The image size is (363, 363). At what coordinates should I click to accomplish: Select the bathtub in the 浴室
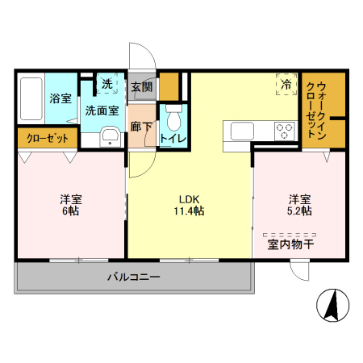pos(31,98)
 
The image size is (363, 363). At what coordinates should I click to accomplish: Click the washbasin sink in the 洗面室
pos(110,137)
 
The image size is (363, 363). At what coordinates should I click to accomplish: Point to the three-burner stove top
pos(285,131)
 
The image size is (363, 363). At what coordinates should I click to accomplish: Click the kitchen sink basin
pos(242,131)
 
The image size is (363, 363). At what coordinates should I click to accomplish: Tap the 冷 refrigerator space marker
pos(286,84)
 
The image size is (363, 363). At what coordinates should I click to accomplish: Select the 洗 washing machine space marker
pos(107,83)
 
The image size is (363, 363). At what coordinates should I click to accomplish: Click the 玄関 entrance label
pos(142,87)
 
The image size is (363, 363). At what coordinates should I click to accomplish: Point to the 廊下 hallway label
pos(141,127)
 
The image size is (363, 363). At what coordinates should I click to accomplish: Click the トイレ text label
pos(173,138)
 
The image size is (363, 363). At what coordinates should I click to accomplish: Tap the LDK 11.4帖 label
pos(190,205)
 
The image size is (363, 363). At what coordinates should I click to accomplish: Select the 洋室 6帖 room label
pos(71,205)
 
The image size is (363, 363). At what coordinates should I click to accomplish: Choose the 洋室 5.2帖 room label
pos(299,205)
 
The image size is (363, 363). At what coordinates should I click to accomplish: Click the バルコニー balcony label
pos(134,277)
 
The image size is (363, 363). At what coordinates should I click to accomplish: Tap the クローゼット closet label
pos(48,139)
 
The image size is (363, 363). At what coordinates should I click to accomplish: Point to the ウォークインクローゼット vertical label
pos(316,111)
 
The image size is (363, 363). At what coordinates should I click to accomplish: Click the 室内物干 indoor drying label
pos(290,244)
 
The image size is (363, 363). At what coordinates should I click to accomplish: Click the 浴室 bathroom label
pos(60,98)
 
